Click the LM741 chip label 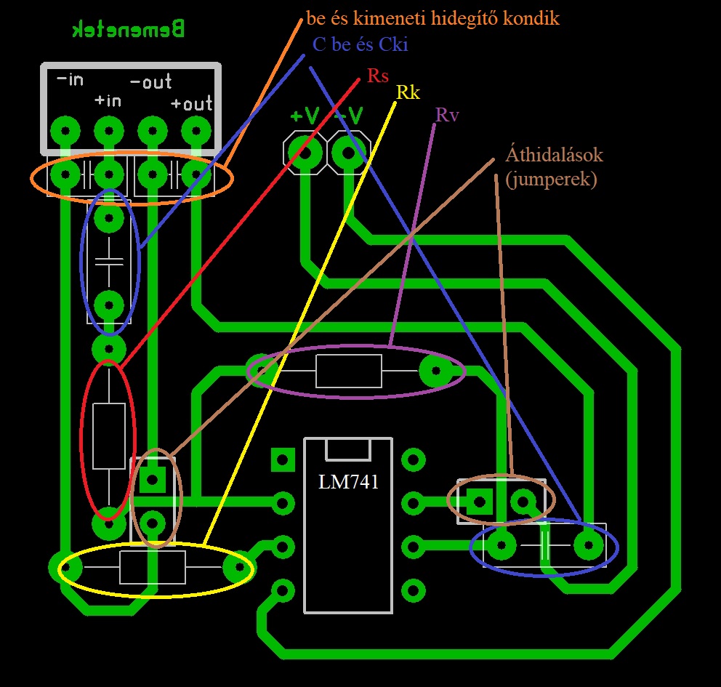[348, 482]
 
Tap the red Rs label [378, 76]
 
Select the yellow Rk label [408, 92]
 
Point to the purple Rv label [447, 115]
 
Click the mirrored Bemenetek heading [129, 30]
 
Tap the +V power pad [305, 153]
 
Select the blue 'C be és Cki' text [360, 45]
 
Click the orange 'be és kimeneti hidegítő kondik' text [433, 19]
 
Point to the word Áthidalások [555, 155]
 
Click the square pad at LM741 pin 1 [282, 459]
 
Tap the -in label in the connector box [70, 79]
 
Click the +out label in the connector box [192, 104]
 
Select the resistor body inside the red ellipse [108, 437]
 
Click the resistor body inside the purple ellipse [348, 371]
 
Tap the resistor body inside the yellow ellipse [152, 567]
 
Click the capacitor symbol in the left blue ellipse [109, 262]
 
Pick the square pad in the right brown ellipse [479, 502]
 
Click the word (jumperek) [551, 179]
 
